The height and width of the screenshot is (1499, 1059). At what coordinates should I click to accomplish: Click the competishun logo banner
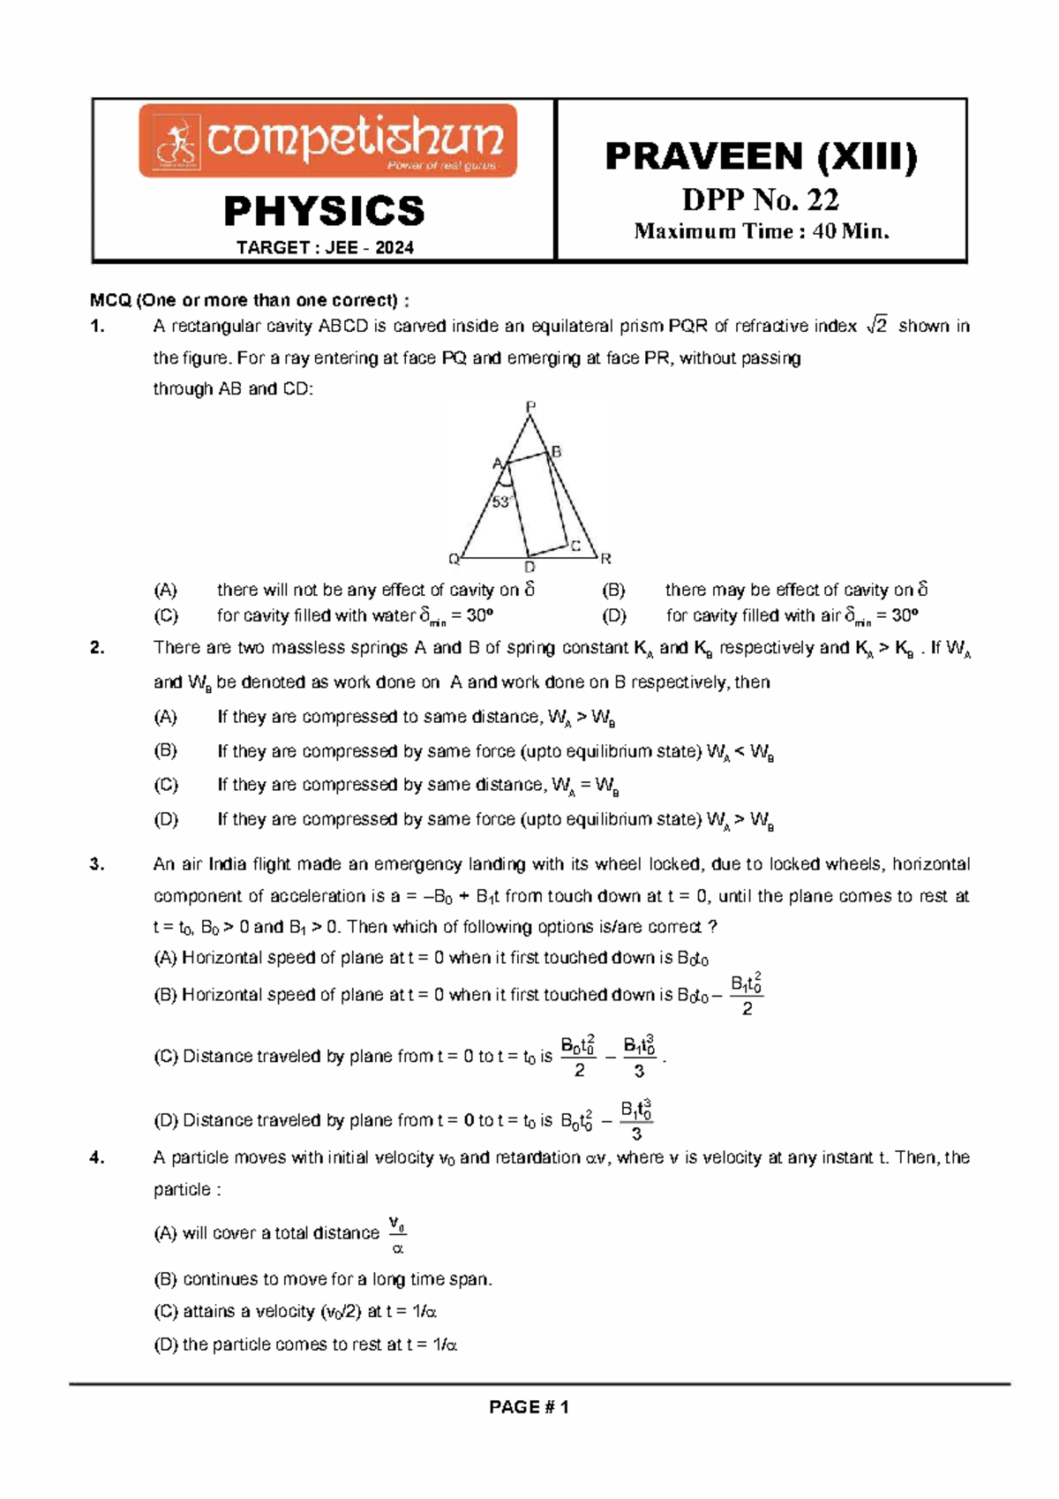click(327, 140)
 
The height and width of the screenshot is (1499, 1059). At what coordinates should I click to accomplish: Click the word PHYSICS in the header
click(324, 212)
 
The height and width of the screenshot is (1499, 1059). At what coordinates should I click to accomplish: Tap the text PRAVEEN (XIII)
click(761, 157)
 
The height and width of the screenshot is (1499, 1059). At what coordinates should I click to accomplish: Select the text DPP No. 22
click(761, 200)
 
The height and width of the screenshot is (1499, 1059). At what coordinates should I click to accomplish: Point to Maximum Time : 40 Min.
click(762, 232)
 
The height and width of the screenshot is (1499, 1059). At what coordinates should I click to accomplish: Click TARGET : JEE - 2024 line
click(325, 248)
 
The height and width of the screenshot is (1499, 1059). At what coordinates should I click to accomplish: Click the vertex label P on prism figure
click(530, 407)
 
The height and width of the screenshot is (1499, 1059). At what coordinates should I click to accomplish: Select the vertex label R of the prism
click(605, 559)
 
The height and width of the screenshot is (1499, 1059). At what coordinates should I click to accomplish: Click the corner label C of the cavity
click(575, 546)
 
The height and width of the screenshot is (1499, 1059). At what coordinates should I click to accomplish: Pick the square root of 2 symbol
click(876, 327)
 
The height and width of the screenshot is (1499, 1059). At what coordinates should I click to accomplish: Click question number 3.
click(97, 864)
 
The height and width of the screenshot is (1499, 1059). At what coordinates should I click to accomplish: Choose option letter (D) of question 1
click(613, 615)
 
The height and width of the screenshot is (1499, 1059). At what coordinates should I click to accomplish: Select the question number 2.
click(97, 648)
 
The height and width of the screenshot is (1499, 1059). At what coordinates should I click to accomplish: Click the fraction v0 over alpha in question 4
click(397, 1236)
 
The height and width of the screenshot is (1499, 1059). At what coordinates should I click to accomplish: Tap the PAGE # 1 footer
click(529, 1407)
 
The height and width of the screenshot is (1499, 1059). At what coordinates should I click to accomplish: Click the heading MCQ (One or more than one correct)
click(249, 300)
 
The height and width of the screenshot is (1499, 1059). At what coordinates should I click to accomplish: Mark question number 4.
click(97, 1157)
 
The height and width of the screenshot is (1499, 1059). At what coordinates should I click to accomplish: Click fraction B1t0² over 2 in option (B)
click(747, 995)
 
